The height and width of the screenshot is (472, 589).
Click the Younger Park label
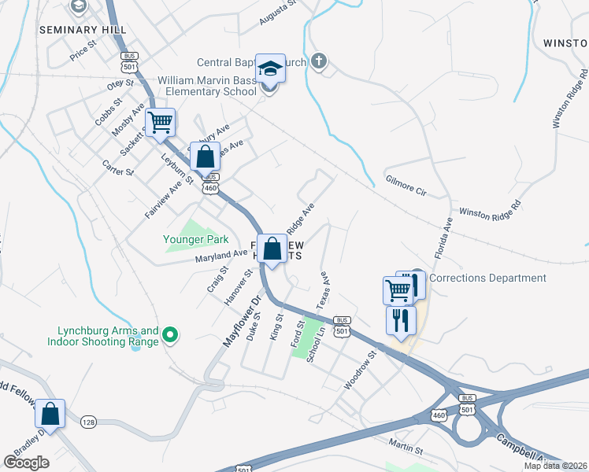[x=195, y=239]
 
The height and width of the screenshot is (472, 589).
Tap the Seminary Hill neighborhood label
[x=83, y=29]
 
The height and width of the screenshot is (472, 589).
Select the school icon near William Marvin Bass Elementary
[x=270, y=68]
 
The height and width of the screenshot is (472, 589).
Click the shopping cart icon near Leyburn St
[x=160, y=123]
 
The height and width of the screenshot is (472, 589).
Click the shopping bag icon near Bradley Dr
[x=50, y=414]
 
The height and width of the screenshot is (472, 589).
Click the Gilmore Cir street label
[x=406, y=186]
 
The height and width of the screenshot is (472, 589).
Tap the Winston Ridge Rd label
[x=490, y=208]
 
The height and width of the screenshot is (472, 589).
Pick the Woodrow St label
[x=361, y=371]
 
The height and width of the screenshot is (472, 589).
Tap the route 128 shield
[x=88, y=423]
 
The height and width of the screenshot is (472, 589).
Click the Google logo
[x=26, y=463]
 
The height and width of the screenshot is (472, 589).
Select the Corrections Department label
[x=488, y=278]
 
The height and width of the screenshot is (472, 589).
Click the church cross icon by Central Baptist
[x=318, y=61]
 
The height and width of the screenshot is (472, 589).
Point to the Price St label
[x=82, y=52]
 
